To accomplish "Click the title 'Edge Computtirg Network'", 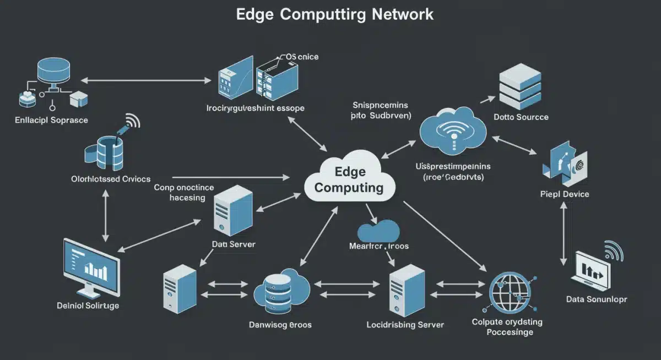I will pos(334,14).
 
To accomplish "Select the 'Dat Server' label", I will pos(234,244).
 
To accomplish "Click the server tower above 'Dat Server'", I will pos(232,210).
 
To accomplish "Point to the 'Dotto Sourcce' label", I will pos(521,117).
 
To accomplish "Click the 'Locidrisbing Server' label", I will pos(405,325).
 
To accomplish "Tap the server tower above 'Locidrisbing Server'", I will pos(407,290).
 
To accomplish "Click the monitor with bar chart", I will pos(90,266).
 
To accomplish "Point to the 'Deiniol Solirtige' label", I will pos(88,305).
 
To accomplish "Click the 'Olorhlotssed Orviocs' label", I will pos(111,179).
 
